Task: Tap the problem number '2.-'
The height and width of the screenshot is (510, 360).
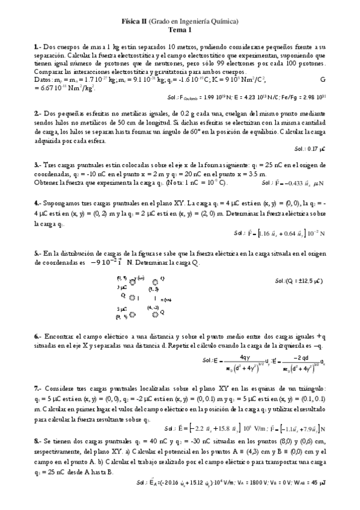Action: (37, 112)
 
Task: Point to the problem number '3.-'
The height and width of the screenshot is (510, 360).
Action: (37, 164)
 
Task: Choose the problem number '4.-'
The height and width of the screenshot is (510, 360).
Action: (37, 203)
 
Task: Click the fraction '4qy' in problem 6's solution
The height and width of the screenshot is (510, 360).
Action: (245, 357)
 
